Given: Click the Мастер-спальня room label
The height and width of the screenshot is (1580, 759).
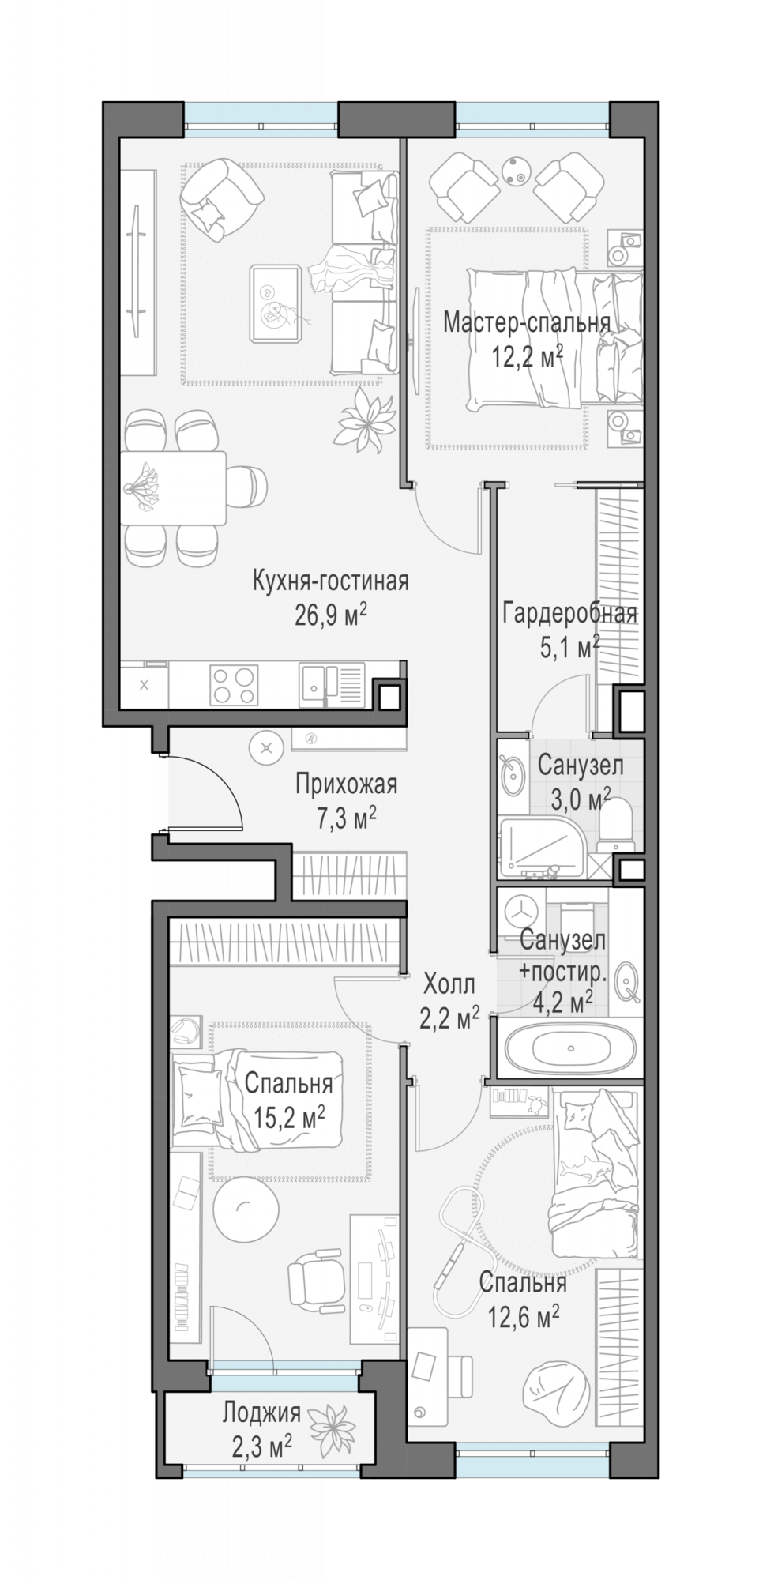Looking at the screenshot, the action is tap(526, 323).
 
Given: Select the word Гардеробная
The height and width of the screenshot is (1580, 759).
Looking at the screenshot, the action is tap(569, 614).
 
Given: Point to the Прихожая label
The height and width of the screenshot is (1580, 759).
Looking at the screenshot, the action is tap(346, 784).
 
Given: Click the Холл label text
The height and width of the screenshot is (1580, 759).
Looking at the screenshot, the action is tap(449, 985).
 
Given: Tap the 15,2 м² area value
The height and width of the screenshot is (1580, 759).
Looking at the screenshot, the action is tap(290, 1117).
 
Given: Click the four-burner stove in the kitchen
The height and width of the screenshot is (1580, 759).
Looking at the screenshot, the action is tap(233, 684).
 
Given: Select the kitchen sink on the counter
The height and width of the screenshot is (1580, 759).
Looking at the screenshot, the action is tap(331, 684).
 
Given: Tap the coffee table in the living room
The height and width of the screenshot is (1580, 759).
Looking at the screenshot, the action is tap(275, 304).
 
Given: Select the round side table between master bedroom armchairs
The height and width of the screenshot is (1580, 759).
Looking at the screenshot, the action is tap(517, 170).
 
